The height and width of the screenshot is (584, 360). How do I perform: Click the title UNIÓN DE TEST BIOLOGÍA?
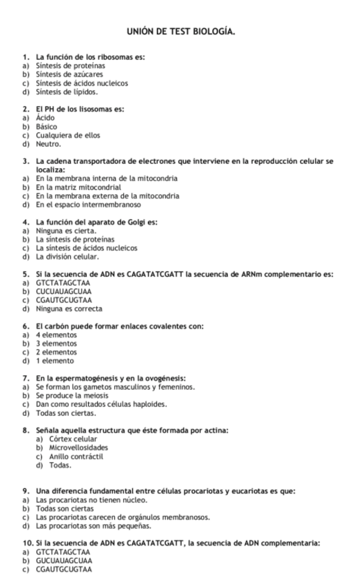coord(180,32)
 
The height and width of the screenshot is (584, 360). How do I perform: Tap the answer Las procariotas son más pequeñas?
coord(94,525)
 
